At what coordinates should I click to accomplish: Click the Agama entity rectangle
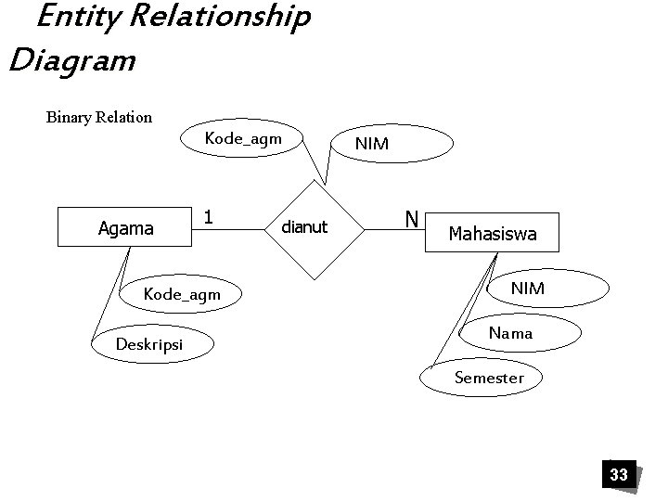(x=124, y=227)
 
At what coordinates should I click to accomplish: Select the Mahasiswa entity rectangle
(x=492, y=233)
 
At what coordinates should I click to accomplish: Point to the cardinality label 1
(x=210, y=217)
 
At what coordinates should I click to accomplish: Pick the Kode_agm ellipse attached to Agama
(x=183, y=294)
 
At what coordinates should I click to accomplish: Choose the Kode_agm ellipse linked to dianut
(x=242, y=139)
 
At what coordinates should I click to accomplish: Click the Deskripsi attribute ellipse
(x=150, y=344)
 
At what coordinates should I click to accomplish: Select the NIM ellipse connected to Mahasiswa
(x=528, y=289)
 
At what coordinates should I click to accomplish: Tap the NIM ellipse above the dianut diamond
(x=372, y=144)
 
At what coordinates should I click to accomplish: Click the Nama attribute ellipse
(x=510, y=332)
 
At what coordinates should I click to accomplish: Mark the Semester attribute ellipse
(x=489, y=377)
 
